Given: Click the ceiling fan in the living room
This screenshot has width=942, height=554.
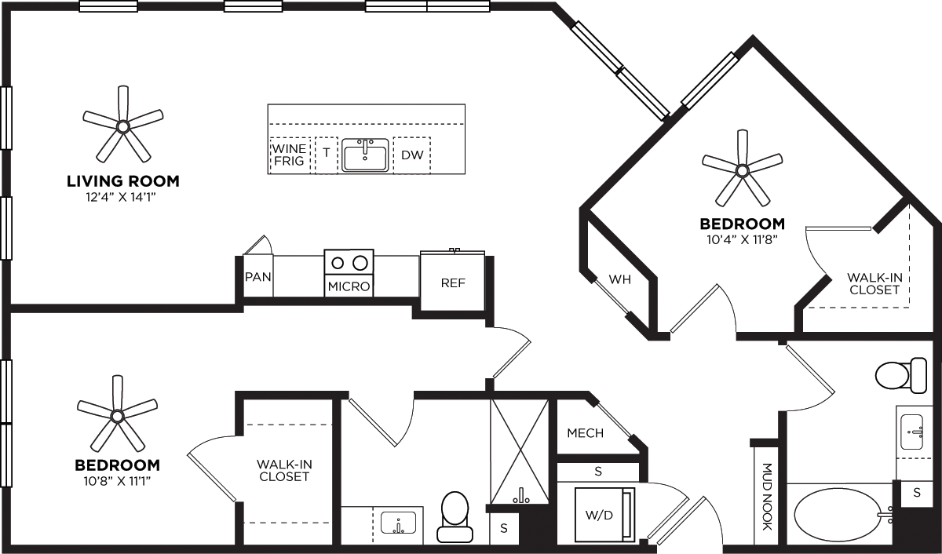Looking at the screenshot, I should (x=122, y=126).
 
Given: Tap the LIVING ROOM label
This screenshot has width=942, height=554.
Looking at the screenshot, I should (x=122, y=181).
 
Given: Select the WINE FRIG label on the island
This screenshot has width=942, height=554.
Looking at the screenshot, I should (x=288, y=155).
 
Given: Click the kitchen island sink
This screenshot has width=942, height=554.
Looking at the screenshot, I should (x=365, y=155).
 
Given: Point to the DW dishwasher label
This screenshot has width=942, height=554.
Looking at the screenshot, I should (x=412, y=155).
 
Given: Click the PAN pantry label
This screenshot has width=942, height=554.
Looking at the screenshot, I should (x=257, y=277).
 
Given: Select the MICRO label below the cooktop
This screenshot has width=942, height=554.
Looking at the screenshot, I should (x=349, y=286).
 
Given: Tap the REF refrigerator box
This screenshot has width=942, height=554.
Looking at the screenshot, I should (x=452, y=282).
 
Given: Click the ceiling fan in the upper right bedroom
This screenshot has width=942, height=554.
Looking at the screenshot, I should (x=742, y=169).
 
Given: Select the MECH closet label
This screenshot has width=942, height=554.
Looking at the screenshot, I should (x=585, y=433).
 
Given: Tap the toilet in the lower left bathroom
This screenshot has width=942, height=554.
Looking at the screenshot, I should (x=455, y=517).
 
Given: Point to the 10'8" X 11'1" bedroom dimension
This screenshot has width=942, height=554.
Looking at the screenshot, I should (x=117, y=479).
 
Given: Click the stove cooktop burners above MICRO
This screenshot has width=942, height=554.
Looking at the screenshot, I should (x=349, y=262).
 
